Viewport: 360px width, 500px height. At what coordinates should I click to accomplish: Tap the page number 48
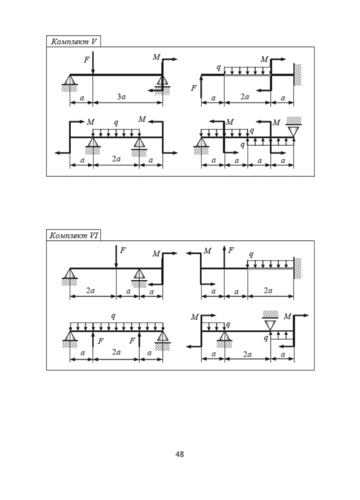point(180,454)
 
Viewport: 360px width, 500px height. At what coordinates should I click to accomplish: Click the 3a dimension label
point(121,97)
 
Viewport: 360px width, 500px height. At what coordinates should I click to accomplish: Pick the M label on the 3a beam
point(156,57)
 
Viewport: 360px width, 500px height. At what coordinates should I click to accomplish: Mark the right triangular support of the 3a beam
point(161,81)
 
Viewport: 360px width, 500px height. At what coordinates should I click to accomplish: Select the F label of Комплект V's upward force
point(193,88)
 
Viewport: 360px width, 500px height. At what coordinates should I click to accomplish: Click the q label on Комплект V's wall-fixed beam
point(218,66)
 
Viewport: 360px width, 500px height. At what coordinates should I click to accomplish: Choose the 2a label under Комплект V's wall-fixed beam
point(244,97)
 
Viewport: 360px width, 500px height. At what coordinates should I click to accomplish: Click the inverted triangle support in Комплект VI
point(270,324)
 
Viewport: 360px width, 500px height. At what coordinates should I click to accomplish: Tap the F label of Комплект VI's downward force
point(122,250)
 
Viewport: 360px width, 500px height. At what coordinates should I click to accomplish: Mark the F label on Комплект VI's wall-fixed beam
point(230,250)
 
